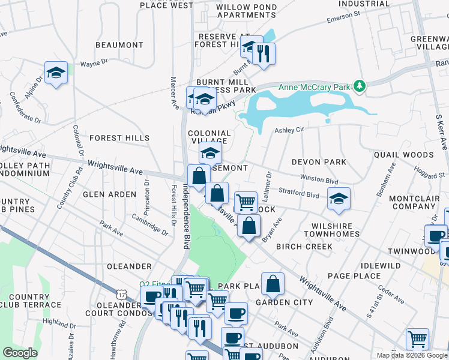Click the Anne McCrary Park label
coord(314,87)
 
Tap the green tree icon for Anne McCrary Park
coord(359,86)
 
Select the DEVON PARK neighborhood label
coord(319,162)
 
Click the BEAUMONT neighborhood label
coord(119,45)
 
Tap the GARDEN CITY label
coord(285,302)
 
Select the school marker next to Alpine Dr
coord(56,73)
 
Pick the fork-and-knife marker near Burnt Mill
coord(264,55)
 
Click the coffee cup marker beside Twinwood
coord(436,235)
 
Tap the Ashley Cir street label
coord(290,130)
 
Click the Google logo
coord(20,353)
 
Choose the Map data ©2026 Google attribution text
coord(412,355)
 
